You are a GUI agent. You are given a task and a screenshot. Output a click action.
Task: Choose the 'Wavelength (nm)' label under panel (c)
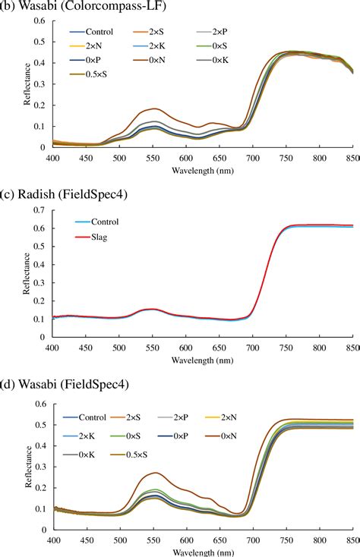pos(202,359)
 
